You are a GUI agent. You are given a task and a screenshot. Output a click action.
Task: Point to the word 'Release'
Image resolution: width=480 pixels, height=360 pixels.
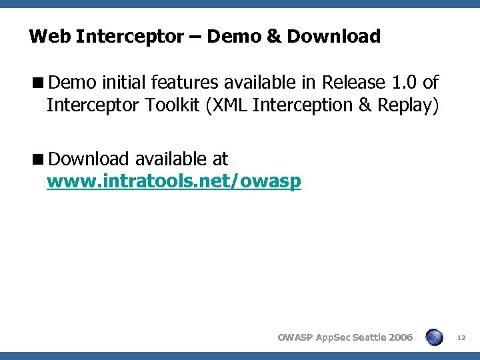(353, 83)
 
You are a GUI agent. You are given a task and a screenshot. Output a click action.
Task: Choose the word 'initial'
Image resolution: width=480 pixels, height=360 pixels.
(125, 83)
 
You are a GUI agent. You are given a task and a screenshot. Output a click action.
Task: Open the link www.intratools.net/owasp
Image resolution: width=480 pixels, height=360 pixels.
(173, 181)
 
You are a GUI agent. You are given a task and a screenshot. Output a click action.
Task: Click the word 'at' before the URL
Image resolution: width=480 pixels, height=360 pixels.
(219, 159)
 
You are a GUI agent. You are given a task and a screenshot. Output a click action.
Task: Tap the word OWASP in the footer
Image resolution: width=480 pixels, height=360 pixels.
(294, 337)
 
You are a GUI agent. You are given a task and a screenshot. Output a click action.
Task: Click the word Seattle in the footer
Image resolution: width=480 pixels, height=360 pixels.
(365, 337)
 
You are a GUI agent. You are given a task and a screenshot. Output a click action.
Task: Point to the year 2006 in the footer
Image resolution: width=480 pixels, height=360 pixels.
(400, 337)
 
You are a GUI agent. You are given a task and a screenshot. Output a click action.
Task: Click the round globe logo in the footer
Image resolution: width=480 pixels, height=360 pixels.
(435, 337)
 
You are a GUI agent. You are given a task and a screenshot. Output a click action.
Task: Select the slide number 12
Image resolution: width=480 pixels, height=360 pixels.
(461, 337)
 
